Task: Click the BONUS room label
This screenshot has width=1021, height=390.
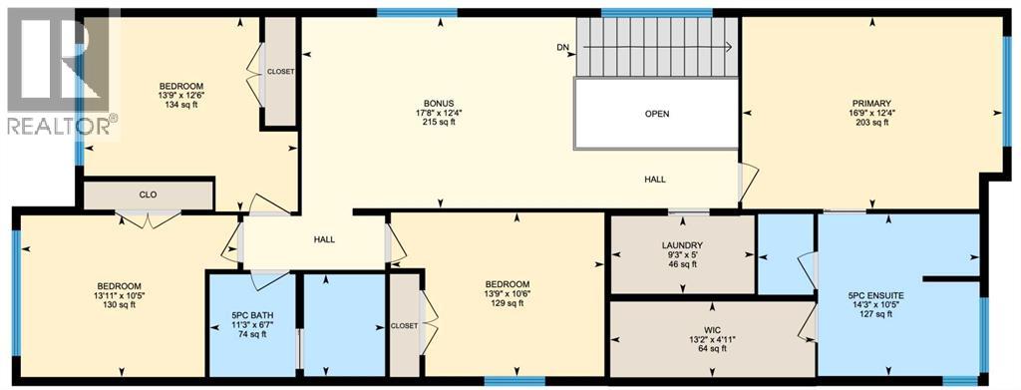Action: coord(438,103)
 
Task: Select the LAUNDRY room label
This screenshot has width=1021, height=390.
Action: coord(682,245)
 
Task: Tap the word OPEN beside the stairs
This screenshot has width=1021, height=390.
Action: coord(656,114)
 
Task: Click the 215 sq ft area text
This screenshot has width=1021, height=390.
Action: coord(438,123)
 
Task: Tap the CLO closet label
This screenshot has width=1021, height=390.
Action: coord(148,195)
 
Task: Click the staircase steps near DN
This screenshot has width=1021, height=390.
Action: coord(658,47)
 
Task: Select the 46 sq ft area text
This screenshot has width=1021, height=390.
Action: coord(682,265)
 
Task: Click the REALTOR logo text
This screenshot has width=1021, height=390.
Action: coord(60,126)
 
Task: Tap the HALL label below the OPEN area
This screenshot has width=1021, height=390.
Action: coord(654,180)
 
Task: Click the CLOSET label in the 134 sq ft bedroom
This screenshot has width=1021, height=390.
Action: coord(279,71)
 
